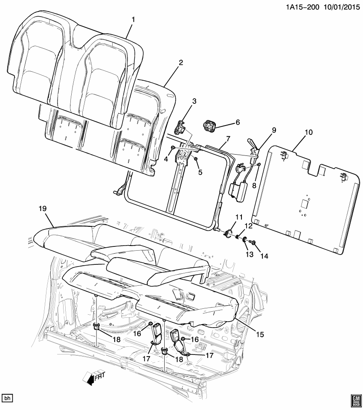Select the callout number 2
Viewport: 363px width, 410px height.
[181, 62]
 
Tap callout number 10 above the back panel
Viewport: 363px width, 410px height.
[308, 132]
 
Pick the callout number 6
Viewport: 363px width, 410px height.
[237, 122]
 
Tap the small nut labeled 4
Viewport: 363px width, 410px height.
[172, 148]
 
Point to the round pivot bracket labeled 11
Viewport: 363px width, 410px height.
[229, 234]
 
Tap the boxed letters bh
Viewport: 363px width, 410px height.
[7, 398]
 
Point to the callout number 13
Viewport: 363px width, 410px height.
[249, 254]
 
